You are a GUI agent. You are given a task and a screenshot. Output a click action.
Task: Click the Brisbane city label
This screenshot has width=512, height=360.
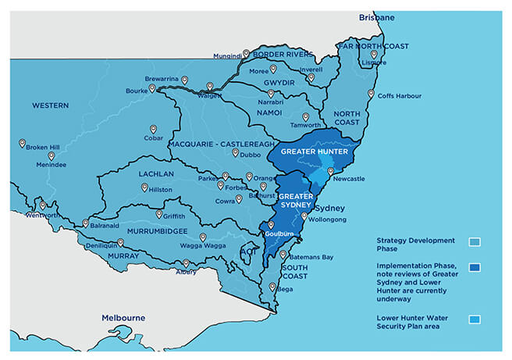pyautogui.click(x=377, y=17)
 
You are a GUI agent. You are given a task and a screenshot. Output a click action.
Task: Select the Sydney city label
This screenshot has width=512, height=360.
pyautogui.click(x=332, y=208)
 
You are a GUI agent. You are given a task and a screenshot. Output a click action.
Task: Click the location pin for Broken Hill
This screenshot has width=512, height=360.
pyautogui.click(x=23, y=143)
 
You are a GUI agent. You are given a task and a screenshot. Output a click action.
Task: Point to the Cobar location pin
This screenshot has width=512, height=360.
pyautogui.click(x=154, y=130)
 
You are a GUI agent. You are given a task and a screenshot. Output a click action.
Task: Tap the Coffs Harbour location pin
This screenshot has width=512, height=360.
pyautogui.click(x=371, y=93)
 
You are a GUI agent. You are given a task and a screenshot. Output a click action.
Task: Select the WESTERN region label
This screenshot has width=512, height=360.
pyautogui.click(x=51, y=105)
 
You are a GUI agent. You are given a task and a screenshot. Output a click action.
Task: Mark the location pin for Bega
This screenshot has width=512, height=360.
pyautogui.click(x=272, y=287)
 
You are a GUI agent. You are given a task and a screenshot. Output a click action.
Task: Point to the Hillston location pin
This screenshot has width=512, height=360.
pyautogui.click(x=144, y=187)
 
